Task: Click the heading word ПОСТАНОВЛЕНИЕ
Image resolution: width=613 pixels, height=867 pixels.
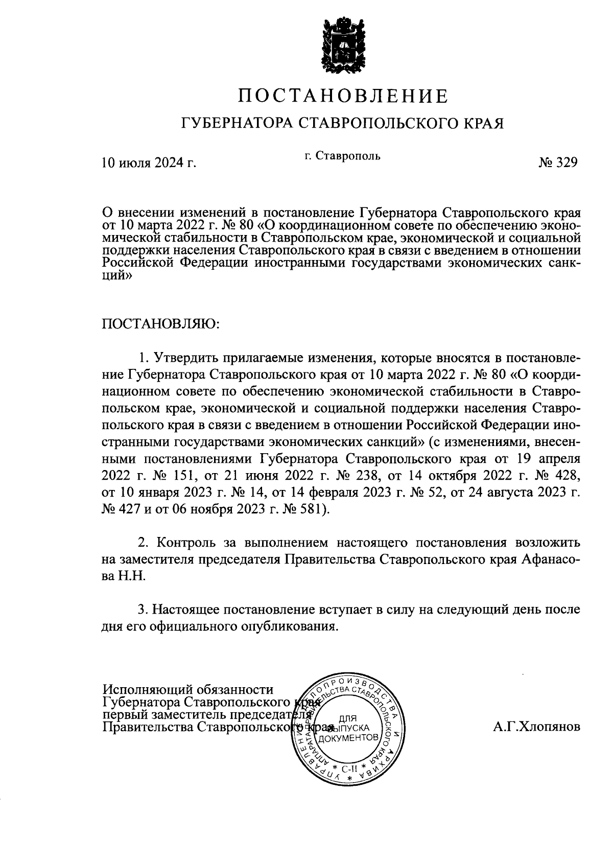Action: click(343, 96)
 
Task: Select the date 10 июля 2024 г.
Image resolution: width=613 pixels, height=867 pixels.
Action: click(149, 163)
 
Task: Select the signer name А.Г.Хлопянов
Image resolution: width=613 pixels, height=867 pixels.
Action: click(536, 727)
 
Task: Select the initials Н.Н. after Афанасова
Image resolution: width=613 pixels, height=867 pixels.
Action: click(132, 576)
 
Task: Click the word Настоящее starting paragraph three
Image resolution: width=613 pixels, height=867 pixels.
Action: click(187, 610)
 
